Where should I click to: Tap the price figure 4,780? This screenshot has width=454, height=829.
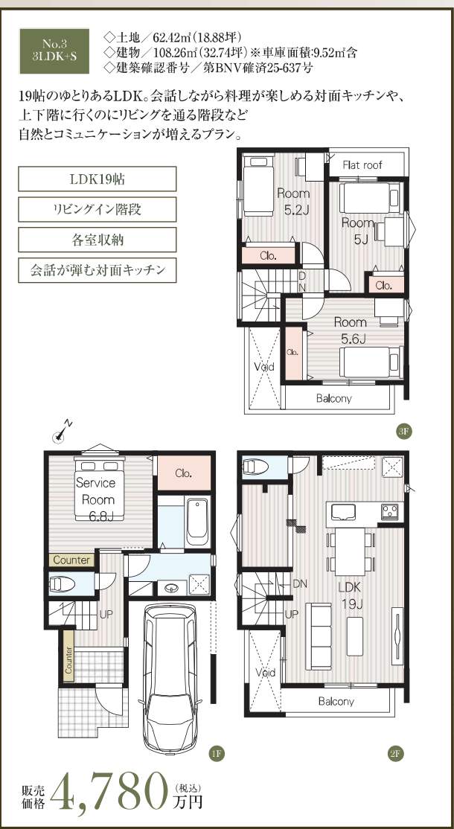pos(112,790)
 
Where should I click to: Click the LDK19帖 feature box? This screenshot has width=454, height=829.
pos(97,179)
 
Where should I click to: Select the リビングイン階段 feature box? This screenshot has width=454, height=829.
pos(97,209)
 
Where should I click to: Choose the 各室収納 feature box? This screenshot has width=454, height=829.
pos(97,240)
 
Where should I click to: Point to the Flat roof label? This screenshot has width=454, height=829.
pos(362,165)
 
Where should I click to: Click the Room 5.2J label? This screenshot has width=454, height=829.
pos(293,202)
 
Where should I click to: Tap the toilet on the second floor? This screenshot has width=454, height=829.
pos(256,467)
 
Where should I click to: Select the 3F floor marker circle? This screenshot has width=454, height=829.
pos(402,431)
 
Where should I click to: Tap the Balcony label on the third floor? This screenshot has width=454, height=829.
pos(334,398)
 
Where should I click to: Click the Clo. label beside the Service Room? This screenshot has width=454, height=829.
pos(184,473)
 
